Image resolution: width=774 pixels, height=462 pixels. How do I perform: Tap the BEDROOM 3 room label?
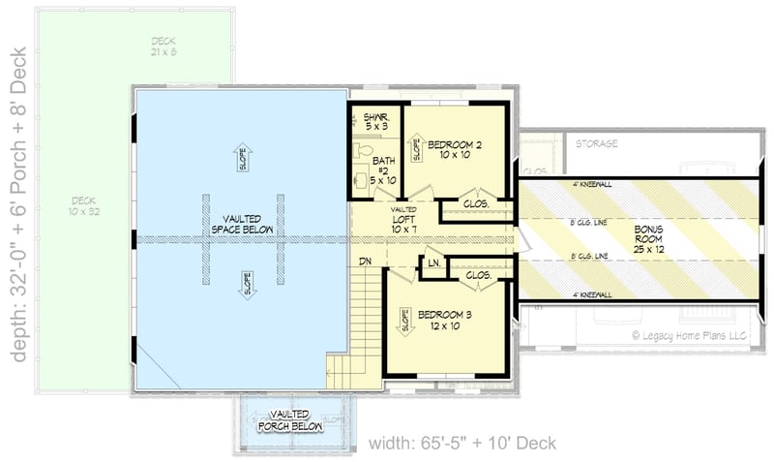[x=445, y=320]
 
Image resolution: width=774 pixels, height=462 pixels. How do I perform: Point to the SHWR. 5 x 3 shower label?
[x=376, y=120]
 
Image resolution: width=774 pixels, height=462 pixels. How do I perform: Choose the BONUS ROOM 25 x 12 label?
[x=649, y=238]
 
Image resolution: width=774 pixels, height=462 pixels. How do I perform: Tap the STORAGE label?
[x=597, y=143]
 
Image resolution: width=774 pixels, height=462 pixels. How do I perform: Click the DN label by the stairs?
[x=367, y=262]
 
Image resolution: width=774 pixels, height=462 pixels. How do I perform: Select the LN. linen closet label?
[x=434, y=262]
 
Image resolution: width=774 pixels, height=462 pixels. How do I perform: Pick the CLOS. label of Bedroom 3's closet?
[x=478, y=275]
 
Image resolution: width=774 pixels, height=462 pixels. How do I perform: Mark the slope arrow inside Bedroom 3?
[x=402, y=321]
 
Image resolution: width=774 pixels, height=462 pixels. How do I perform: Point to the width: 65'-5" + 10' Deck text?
[x=463, y=444]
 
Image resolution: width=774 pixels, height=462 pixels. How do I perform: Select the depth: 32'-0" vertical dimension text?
[x=17, y=202]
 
